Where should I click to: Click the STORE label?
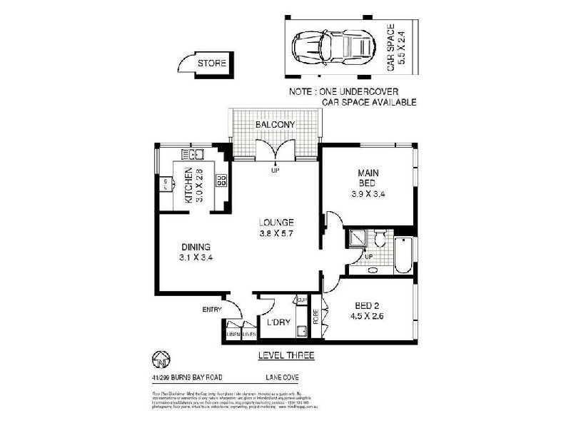click(x=212, y=63)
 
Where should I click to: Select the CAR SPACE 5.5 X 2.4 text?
click(x=395, y=49)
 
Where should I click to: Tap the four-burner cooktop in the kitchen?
click(x=221, y=180)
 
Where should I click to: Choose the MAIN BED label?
click(x=368, y=178)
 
